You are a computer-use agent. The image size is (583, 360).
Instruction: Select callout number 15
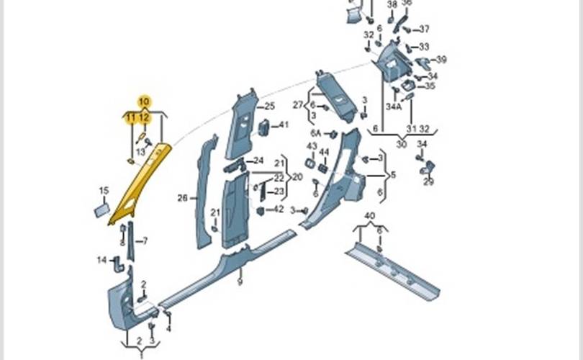click(104, 191)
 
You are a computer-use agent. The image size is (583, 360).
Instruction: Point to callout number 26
click(182, 197)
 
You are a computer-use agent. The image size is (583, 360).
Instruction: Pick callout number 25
click(270, 107)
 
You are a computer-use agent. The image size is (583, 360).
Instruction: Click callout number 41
click(284, 125)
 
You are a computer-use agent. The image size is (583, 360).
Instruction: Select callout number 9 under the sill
click(240, 282)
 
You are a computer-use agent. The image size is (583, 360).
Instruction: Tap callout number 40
click(370, 216)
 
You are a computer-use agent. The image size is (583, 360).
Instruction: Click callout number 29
click(428, 181)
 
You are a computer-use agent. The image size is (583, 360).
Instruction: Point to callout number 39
click(441, 59)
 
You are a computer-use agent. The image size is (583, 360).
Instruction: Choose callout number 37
click(424, 30)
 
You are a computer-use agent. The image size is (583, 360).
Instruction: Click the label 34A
click(393, 107)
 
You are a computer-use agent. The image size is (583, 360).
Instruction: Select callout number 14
click(101, 259)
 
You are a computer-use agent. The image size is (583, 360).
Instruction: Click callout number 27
click(297, 104)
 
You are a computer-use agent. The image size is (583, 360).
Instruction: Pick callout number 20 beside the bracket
click(294, 176)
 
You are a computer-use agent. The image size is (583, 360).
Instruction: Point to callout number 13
click(140, 152)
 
